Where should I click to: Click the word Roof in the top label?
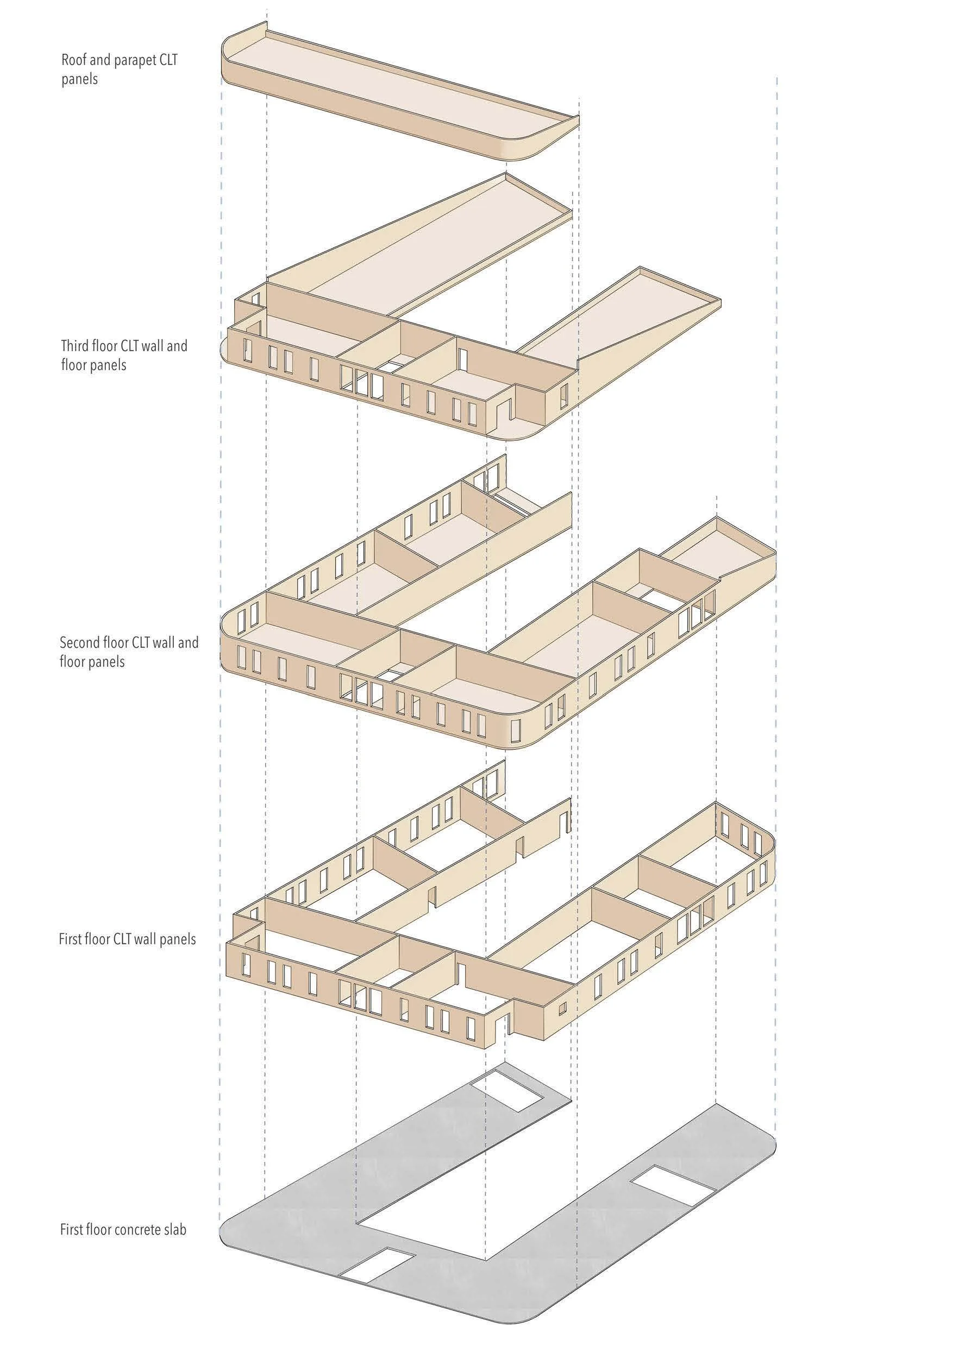[x=73, y=59]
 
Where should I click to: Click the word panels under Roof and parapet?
[x=79, y=79]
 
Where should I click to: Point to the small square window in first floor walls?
[x=562, y=1007]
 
